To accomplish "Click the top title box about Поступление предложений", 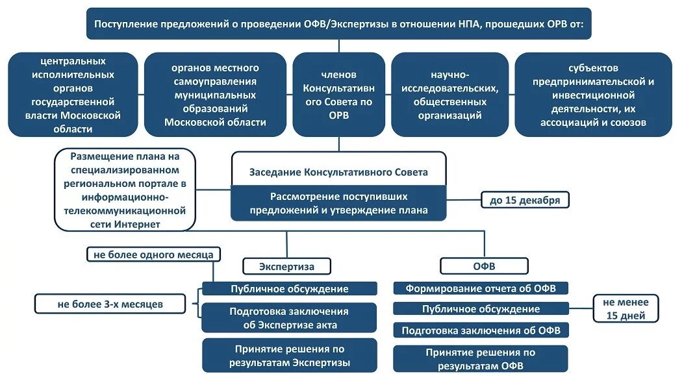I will (338, 24).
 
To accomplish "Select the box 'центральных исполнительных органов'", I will (73, 95).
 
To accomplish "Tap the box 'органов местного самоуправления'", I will (215, 95).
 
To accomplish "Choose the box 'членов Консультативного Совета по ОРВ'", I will (338, 95).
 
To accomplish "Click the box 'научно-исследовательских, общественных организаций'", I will (449, 95).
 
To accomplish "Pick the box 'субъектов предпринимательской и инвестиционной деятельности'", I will (593, 95).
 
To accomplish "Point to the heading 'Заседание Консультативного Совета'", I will (338, 172).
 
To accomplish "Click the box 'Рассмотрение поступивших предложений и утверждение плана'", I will (338, 203).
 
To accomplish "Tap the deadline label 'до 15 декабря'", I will (525, 200).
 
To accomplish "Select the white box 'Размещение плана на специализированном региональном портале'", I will (125, 190).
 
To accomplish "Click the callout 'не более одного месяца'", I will (153, 254).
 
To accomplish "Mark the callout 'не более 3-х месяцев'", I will (110, 303).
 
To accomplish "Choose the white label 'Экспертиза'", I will (286, 266).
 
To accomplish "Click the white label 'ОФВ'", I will (484, 266).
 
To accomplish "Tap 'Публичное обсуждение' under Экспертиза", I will (289, 289).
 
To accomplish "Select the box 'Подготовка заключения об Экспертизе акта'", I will (289, 318).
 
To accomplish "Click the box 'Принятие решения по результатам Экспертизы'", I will (289, 355).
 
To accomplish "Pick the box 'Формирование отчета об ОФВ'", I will (481, 288).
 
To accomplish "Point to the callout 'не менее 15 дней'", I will (625, 309).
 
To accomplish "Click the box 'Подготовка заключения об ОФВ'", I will (481, 330).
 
